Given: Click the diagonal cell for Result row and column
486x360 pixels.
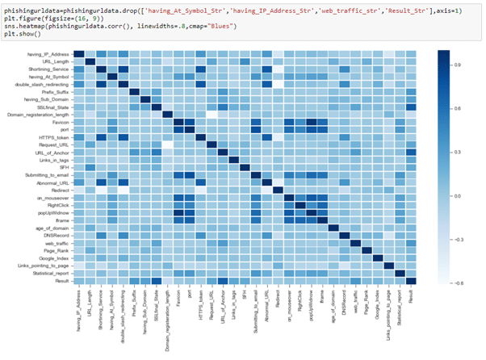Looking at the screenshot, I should click(x=411, y=280).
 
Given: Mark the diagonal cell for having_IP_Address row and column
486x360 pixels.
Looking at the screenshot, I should click(x=78, y=53).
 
